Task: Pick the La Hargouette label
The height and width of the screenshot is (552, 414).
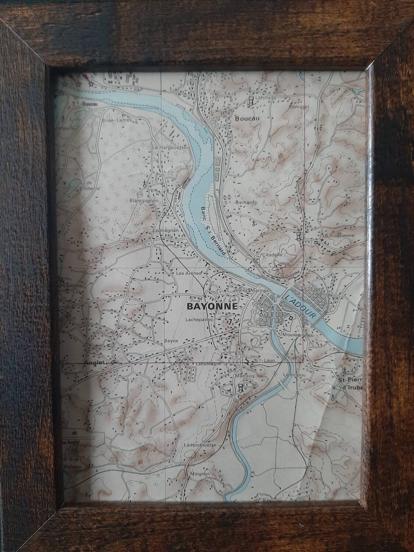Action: click(170, 148)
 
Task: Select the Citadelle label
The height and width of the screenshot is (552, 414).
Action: click(272, 255)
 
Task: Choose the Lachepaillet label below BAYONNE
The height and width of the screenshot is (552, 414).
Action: click(200, 320)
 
